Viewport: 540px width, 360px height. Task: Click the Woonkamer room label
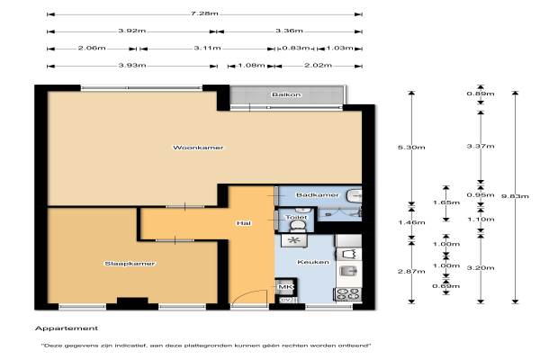(x=198, y=148)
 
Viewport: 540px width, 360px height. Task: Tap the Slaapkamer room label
(x=130, y=264)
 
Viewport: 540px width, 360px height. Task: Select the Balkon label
(x=286, y=94)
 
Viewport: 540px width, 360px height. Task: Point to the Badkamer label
(x=317, y=195)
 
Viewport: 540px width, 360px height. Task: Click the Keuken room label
(x=313, y=262)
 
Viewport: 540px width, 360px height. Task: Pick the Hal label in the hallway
(x=244, y=223)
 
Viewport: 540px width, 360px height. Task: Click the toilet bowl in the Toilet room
(x=298, y=226)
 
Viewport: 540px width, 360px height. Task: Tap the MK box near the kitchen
(x=285, y=287)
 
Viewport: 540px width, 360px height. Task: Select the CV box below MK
(x=285, y=300)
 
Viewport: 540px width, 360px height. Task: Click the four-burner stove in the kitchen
(x=347, y=294)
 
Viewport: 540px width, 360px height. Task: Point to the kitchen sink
(x=346, y=271)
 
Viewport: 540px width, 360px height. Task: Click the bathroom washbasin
(x=354, y=195)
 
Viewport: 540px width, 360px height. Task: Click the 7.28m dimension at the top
(x=204, y=13)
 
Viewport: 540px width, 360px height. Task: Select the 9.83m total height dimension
(x=515, y=196)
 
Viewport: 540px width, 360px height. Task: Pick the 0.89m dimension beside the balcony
(x=481, y=94)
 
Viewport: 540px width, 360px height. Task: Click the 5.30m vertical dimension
(x=411, y=148)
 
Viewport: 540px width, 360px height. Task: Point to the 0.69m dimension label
(x=446, y=286)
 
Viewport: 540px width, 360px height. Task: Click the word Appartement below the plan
(x=67, y=328)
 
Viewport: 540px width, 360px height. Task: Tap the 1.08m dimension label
(x=251, y=66)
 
